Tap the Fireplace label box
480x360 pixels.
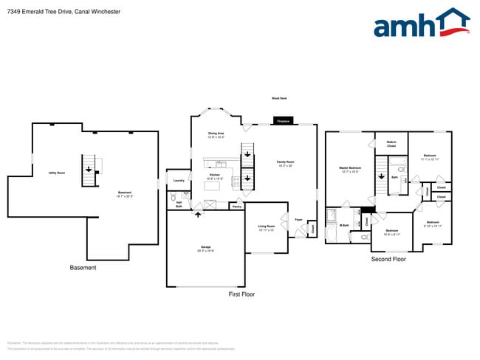(x=283, y=120)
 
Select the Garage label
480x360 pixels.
(x=205, y=249)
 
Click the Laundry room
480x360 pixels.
(x=178, y=180)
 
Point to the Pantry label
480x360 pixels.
(x=237, y=207)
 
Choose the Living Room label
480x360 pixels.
(x=267, y=227)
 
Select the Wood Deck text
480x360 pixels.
(x=280, y=98)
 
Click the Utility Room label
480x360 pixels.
(x=57, y=173)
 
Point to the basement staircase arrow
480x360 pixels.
(x=89, y=169)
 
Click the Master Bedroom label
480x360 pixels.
(x=349, y=170)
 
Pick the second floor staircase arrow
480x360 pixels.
(x=381, y=176)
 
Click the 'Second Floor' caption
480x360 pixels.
(x=388, y=259)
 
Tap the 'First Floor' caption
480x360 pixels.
(x=241, y=294)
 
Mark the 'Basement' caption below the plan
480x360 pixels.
(x=83, y=267)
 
